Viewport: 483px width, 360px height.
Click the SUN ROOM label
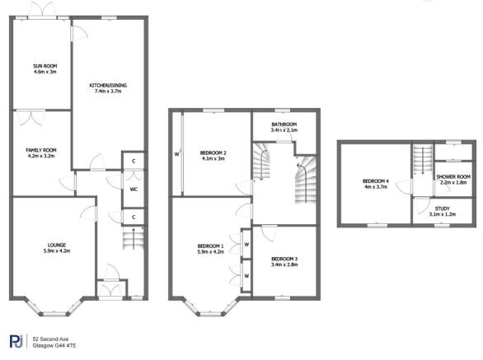tap(45, 66)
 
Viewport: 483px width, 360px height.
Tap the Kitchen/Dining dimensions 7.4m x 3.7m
tap(108, 91)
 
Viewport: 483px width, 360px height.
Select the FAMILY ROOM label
tap(41, 150)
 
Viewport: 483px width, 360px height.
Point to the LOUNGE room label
tap(57, 245)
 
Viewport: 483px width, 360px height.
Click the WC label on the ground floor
tap(134, 189)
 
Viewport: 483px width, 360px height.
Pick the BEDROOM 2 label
tap(213, 152)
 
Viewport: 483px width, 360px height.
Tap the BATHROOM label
tap(284, 124)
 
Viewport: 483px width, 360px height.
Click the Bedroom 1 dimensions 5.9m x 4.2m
tap(211, 252)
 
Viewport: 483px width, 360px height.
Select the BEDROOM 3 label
tap(284, 259)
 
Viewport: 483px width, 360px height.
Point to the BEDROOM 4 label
tap(376, 181)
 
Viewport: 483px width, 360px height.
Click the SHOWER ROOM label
tap(453, 177)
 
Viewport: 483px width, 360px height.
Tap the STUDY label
tap(443, 208)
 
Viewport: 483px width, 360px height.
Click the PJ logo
tap(16, 342)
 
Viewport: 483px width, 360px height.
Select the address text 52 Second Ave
tap(50, 339)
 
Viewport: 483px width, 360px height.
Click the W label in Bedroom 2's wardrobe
tap(177, 154)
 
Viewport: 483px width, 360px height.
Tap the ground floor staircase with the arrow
tap(134, 238)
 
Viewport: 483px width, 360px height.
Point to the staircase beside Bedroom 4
tap(423, 159)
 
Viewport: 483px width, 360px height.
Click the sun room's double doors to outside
tap(43, 11)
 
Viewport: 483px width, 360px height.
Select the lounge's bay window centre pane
tap(54, 314)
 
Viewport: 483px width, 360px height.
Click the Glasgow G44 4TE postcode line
tap(54, 346)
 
